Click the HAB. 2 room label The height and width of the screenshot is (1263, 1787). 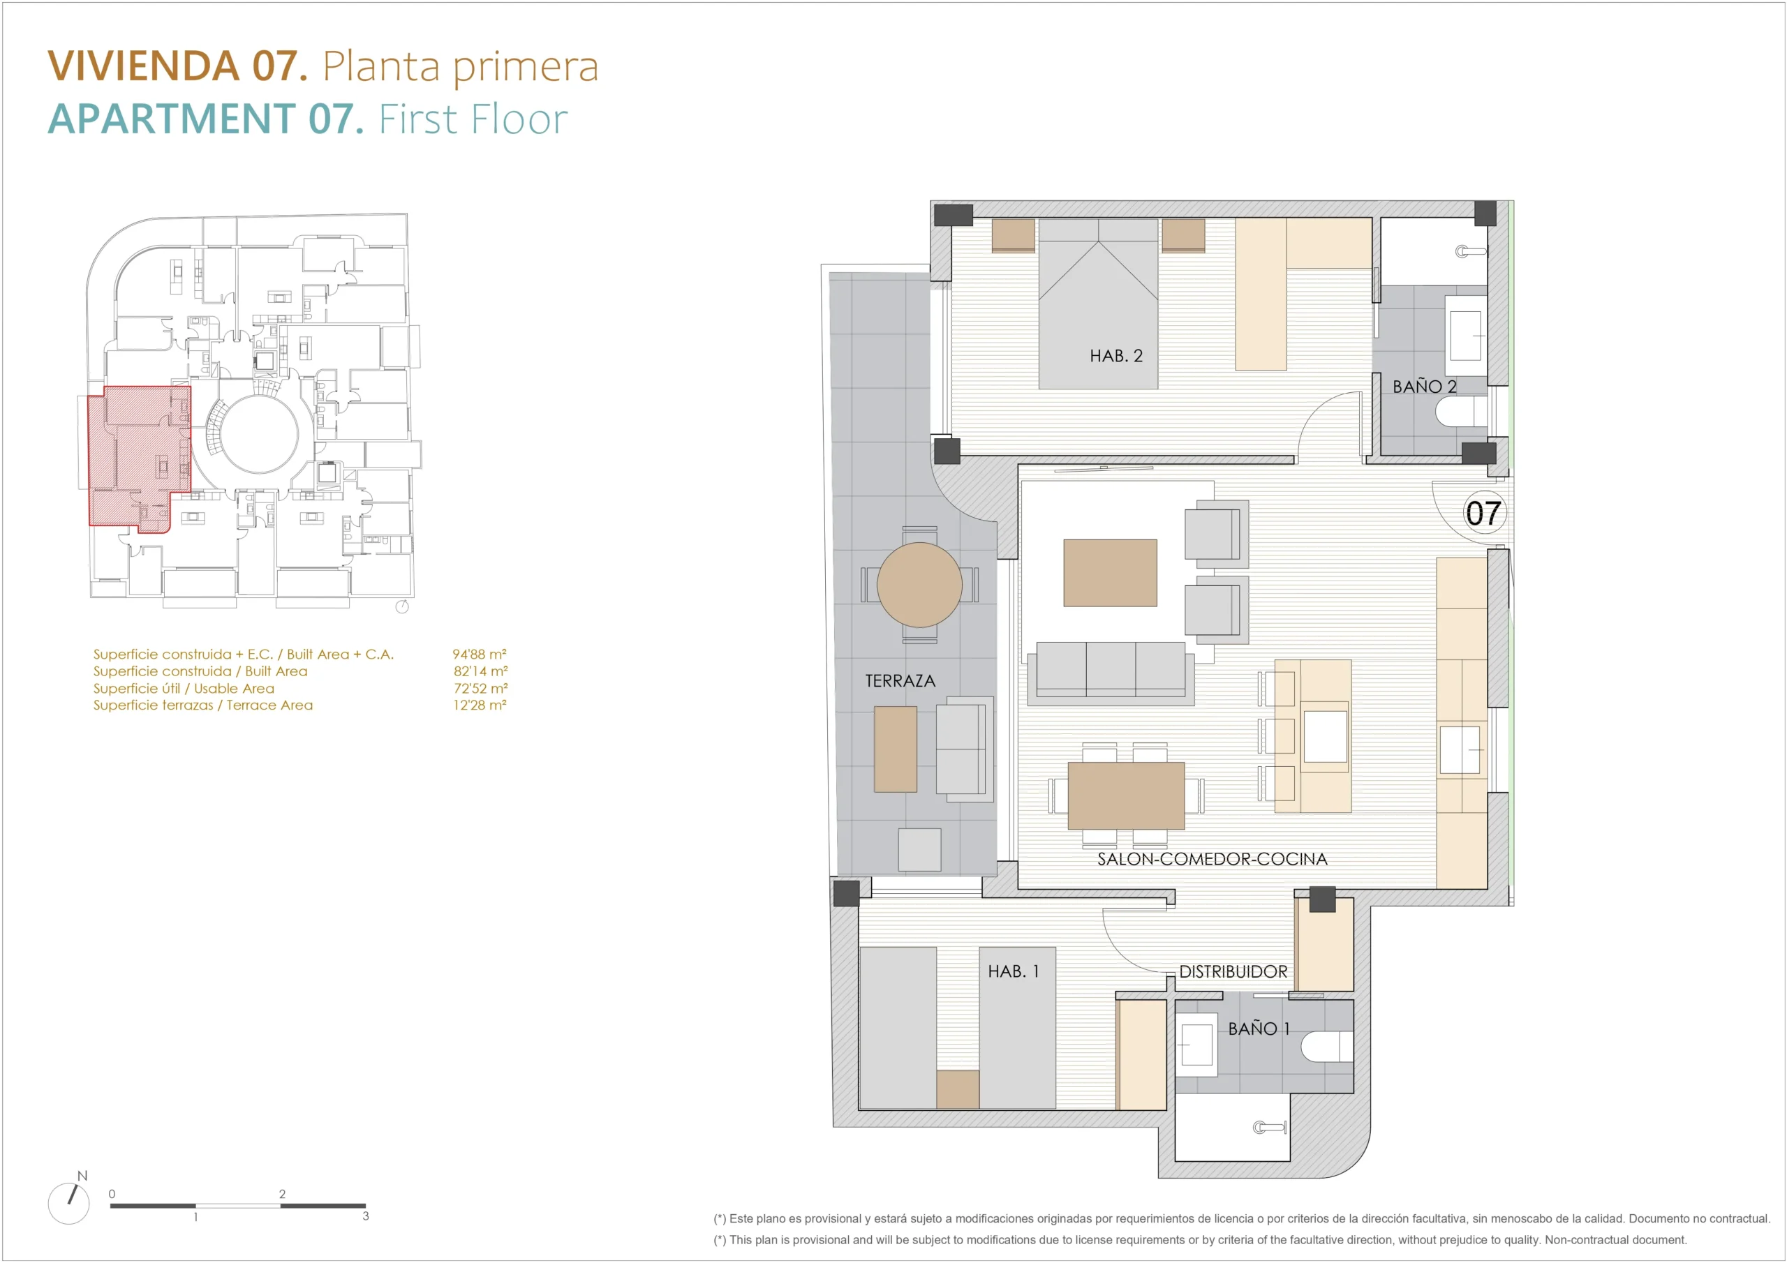point(1115,356)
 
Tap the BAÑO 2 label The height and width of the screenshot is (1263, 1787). point(1424,386)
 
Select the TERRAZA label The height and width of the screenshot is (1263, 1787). point(900,681)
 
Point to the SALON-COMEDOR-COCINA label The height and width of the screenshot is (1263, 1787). point(1212,859)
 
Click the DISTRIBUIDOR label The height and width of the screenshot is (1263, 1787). point(1233,971)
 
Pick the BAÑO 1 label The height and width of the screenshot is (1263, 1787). point(1259,1028)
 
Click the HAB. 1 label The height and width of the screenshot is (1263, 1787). point(1013,971)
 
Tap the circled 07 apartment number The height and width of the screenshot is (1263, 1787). point(1483,513)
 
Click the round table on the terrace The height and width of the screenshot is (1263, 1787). point(919,585)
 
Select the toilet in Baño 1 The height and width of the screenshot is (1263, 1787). point(1326,1046)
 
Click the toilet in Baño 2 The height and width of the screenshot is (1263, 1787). point(1461,412)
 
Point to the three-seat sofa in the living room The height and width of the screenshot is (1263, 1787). point(1111,673)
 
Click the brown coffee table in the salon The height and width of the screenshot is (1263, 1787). point(1110,573)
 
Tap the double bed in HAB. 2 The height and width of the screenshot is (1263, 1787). point(1098,304)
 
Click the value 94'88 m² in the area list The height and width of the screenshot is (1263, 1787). point(480,654)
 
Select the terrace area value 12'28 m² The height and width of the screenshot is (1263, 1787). point(480,705)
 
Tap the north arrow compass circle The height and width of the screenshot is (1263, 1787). point(68,1203)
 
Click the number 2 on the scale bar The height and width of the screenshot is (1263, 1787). point(282,1194)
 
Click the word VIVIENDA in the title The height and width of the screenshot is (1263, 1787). point(144,66)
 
